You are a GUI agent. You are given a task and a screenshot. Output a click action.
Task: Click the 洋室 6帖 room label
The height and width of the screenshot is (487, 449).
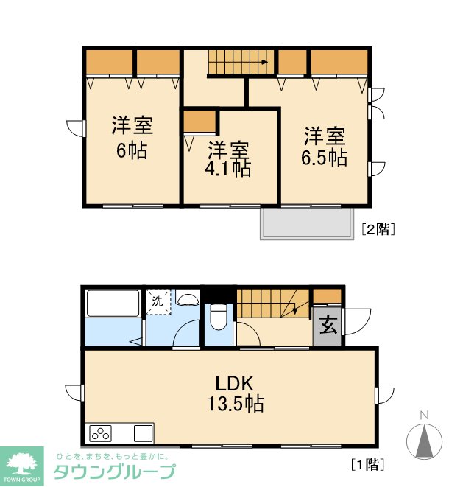[x=132, y=138]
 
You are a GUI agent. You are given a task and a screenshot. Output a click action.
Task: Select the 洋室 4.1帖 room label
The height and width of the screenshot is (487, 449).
[x=227, y=159]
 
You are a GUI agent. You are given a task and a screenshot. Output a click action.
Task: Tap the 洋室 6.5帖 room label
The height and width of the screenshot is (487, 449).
[x=325, y=147]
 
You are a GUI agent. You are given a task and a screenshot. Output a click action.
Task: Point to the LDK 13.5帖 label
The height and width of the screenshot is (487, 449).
[x=236, y=393]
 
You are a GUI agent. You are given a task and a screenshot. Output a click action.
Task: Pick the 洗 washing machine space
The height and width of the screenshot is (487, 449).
[x=158, y=302]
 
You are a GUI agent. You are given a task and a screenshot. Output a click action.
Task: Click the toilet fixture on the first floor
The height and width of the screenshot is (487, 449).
[x=219, y=316]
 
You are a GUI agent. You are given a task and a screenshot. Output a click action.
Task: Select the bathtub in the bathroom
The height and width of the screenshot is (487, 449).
[x=113, y=303]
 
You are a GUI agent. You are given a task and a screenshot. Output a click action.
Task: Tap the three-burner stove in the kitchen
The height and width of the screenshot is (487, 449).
[x=100, y=433]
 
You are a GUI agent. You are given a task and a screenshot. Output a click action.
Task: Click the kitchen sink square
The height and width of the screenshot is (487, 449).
[x=144, y=433]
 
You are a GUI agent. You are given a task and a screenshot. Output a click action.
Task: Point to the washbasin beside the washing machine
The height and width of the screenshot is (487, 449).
[x=188, y=298]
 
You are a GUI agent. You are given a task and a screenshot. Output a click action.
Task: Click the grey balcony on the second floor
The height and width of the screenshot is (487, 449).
[x=307, y=223]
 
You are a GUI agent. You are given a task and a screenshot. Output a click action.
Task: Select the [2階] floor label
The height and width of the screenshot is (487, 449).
[x=378, y=230]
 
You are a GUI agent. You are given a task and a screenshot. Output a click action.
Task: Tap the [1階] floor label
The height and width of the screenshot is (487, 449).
[x=368, y=465]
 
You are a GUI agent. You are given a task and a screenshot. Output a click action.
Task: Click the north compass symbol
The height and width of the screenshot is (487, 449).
[x=424, y=437]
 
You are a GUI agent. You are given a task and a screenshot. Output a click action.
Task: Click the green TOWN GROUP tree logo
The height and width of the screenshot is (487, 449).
[x=22, y=466]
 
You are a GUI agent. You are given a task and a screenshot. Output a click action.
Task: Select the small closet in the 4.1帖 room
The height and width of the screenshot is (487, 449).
[x=199, y=122]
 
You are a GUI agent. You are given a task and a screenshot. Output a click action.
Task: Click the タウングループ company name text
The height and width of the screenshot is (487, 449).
[x=114, y=472]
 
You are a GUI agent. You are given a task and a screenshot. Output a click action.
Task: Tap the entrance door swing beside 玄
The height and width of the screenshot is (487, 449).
[x=358, y=321]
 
